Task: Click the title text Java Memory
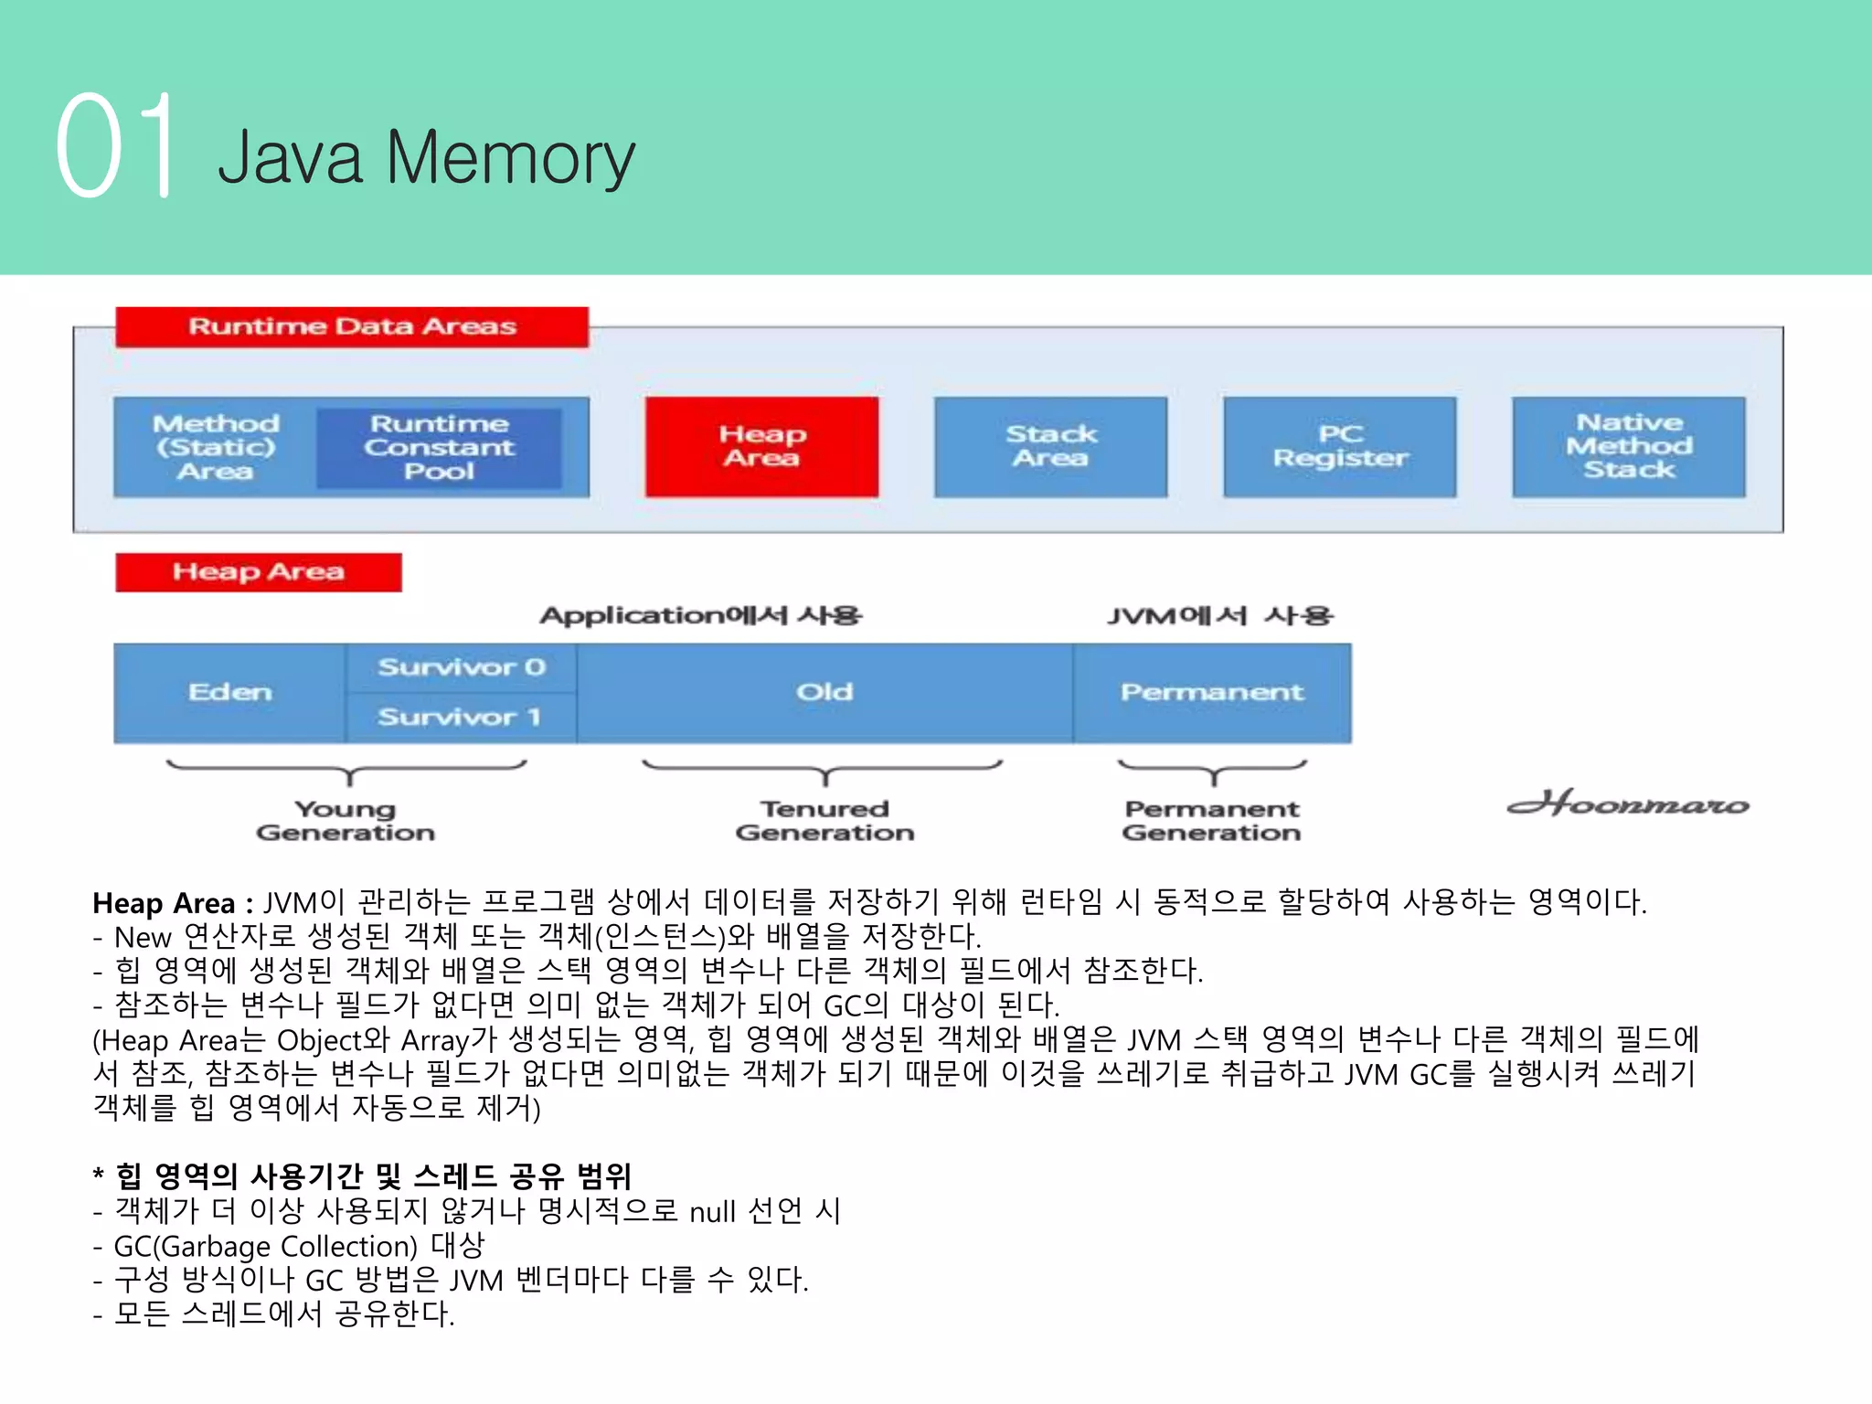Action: [426, 157]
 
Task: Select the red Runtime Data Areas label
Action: [352, 326]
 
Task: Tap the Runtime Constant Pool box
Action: [439, 447]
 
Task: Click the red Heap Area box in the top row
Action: [761, 446]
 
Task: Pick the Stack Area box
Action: [1050, 446]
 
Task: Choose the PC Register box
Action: [1339, 446]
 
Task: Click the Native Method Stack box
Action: [1628, 446]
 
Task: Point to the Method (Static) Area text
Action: [216, 447]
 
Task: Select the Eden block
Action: [229, 692]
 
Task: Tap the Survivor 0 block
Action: [461, 667]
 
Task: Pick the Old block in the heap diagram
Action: [824, 692]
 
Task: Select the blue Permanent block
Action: [1211, 692]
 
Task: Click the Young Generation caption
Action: [346, 820]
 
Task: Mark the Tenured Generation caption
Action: [824, 820]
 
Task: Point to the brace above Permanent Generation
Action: [1212, 770]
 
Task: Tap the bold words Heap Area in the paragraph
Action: [164, 903]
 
